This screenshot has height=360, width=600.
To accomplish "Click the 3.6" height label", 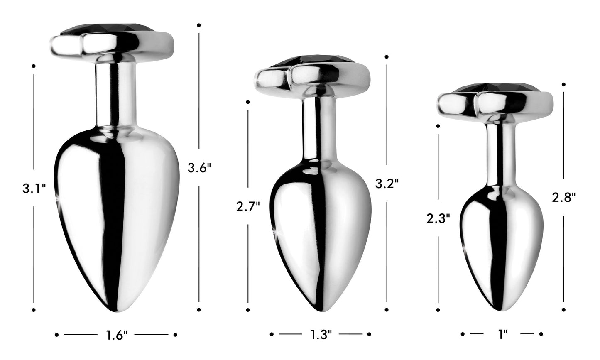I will point(199,168).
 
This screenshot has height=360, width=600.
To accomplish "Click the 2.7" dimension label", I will point(248,206).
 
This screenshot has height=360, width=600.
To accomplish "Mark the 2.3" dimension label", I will point(438,218).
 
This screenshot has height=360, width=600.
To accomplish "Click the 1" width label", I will point(503,334).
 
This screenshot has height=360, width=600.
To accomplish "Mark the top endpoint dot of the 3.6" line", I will point(199,25).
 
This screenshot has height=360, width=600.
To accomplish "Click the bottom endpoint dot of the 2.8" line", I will point(564,309).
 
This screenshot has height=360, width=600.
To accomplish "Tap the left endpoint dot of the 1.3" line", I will point(272,334).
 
